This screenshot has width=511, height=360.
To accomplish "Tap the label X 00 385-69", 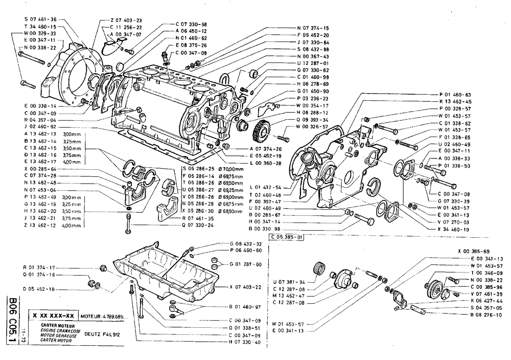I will [474, 251].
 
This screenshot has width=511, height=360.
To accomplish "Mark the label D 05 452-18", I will [40, 288].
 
